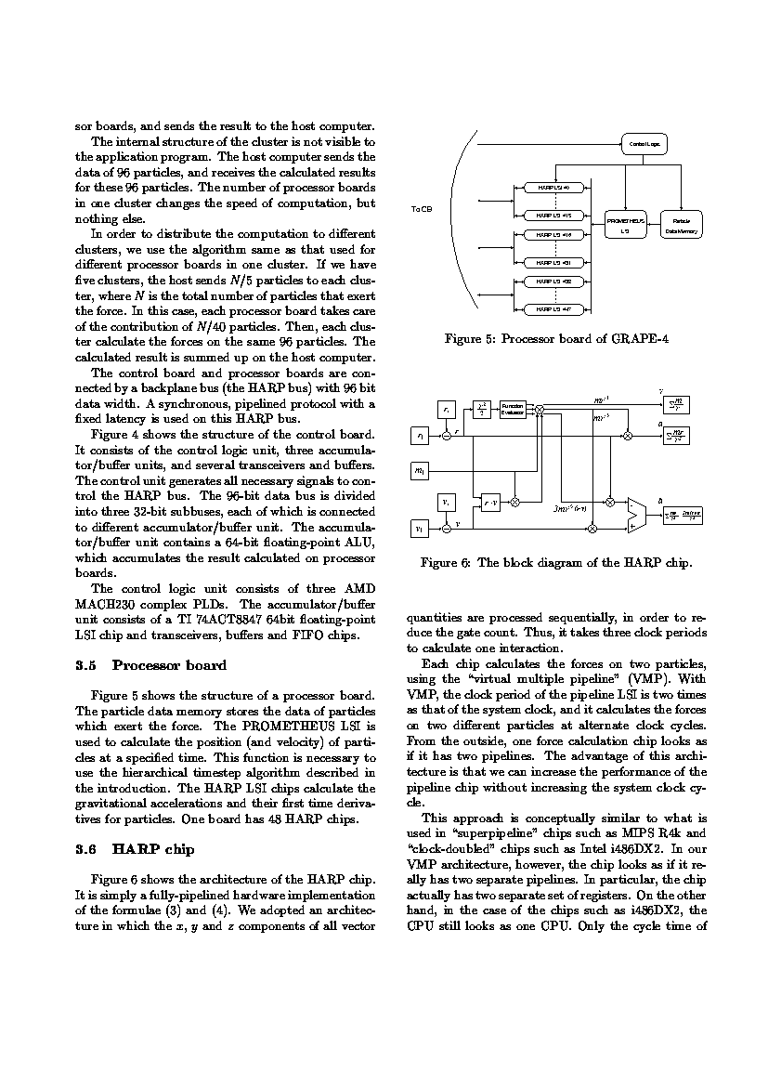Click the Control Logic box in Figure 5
coord(644,144)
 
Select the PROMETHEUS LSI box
coord(625,226)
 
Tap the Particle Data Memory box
coord(681,226)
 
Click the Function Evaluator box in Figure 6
coord(513,410)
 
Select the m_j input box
coord(420,471)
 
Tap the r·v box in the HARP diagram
coord(491,503)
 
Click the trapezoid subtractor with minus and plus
coord(637,515)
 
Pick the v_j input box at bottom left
coord(420,527)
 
